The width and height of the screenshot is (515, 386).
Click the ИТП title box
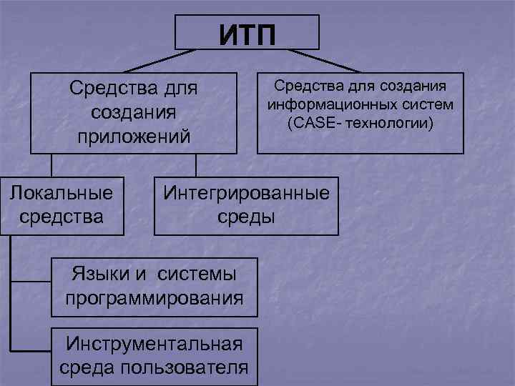pos(247,33)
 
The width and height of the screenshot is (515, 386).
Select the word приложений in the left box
pos(134,137)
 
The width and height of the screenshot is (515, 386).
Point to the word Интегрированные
pos(247,193)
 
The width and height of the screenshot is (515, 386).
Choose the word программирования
pos(154,297)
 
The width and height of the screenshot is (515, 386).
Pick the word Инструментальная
pos(154,344)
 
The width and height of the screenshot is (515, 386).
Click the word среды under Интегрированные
pos(247,216)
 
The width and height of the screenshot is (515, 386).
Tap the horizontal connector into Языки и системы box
pos(31,282)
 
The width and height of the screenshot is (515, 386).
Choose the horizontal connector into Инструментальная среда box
pos(31,352)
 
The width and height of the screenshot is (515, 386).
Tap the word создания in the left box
pos(134,114)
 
